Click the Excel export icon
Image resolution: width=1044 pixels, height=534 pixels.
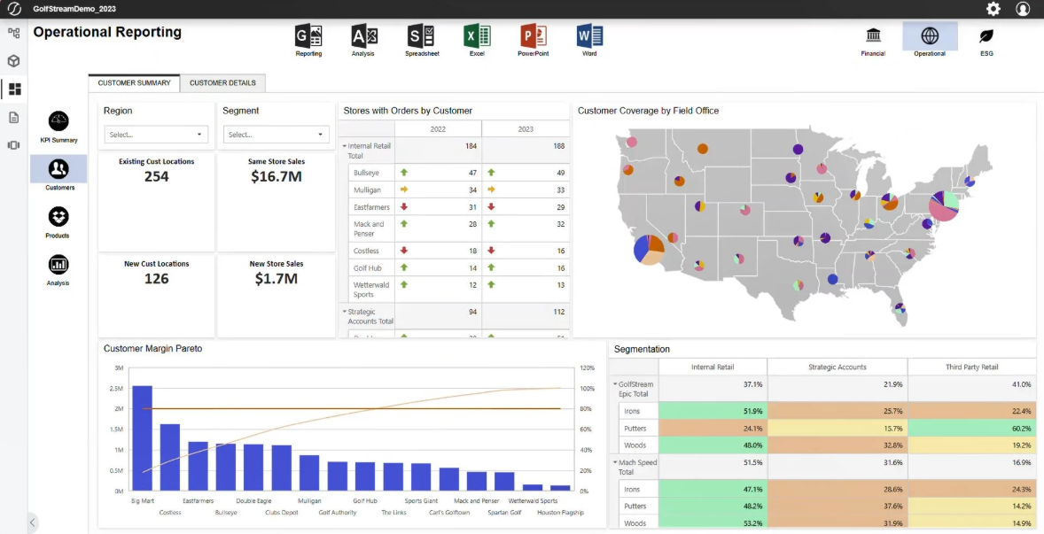pos(477,36)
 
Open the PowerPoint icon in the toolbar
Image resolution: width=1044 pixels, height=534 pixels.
pos(534,36)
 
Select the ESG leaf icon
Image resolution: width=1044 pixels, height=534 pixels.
pos(986,36)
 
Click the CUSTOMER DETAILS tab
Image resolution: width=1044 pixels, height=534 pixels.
pos(222,83)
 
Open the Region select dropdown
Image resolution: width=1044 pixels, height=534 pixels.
pos(156,135)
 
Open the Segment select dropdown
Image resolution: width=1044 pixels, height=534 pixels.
pos(276,135)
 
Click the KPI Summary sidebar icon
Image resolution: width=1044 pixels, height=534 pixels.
pos(58,121)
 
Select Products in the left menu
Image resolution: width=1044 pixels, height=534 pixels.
pos(58,217)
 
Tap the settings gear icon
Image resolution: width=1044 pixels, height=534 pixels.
pos(993,9)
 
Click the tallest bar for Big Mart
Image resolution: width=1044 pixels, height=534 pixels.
pos(142,437)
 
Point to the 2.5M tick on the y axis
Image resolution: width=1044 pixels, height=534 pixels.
pos(117,389)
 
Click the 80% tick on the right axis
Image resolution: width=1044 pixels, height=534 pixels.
pos(587,409)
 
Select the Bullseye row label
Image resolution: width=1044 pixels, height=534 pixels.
pos(366,173)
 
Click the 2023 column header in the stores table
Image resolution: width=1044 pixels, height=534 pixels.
pos(526,129)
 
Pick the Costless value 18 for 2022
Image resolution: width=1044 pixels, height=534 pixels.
pos(472,251)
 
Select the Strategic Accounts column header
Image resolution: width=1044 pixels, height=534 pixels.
pos(837,367)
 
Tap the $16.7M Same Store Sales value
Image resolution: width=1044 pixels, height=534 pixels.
pos(276,177)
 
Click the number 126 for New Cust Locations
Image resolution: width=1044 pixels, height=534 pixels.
pos(156,279)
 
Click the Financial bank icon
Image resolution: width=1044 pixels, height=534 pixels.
pos(873,36)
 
